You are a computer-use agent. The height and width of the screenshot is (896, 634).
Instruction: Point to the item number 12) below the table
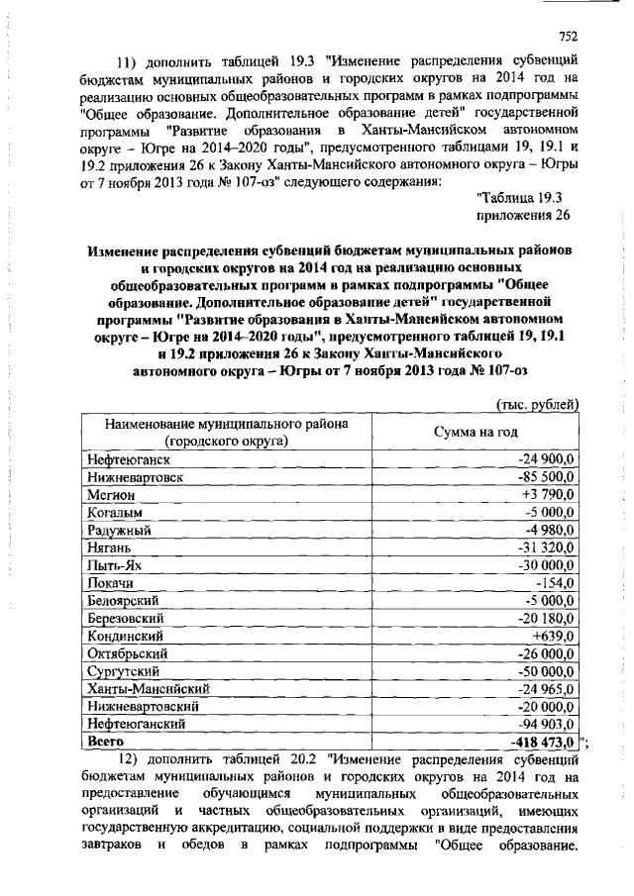point(130,760)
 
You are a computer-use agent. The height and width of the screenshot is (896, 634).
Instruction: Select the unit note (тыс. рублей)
point(536,403)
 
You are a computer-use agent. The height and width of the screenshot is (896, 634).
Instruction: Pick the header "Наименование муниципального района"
point(226,424)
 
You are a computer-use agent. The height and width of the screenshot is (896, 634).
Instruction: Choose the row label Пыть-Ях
point(117,564)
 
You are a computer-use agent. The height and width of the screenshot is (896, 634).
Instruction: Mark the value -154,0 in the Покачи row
point(556,582)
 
